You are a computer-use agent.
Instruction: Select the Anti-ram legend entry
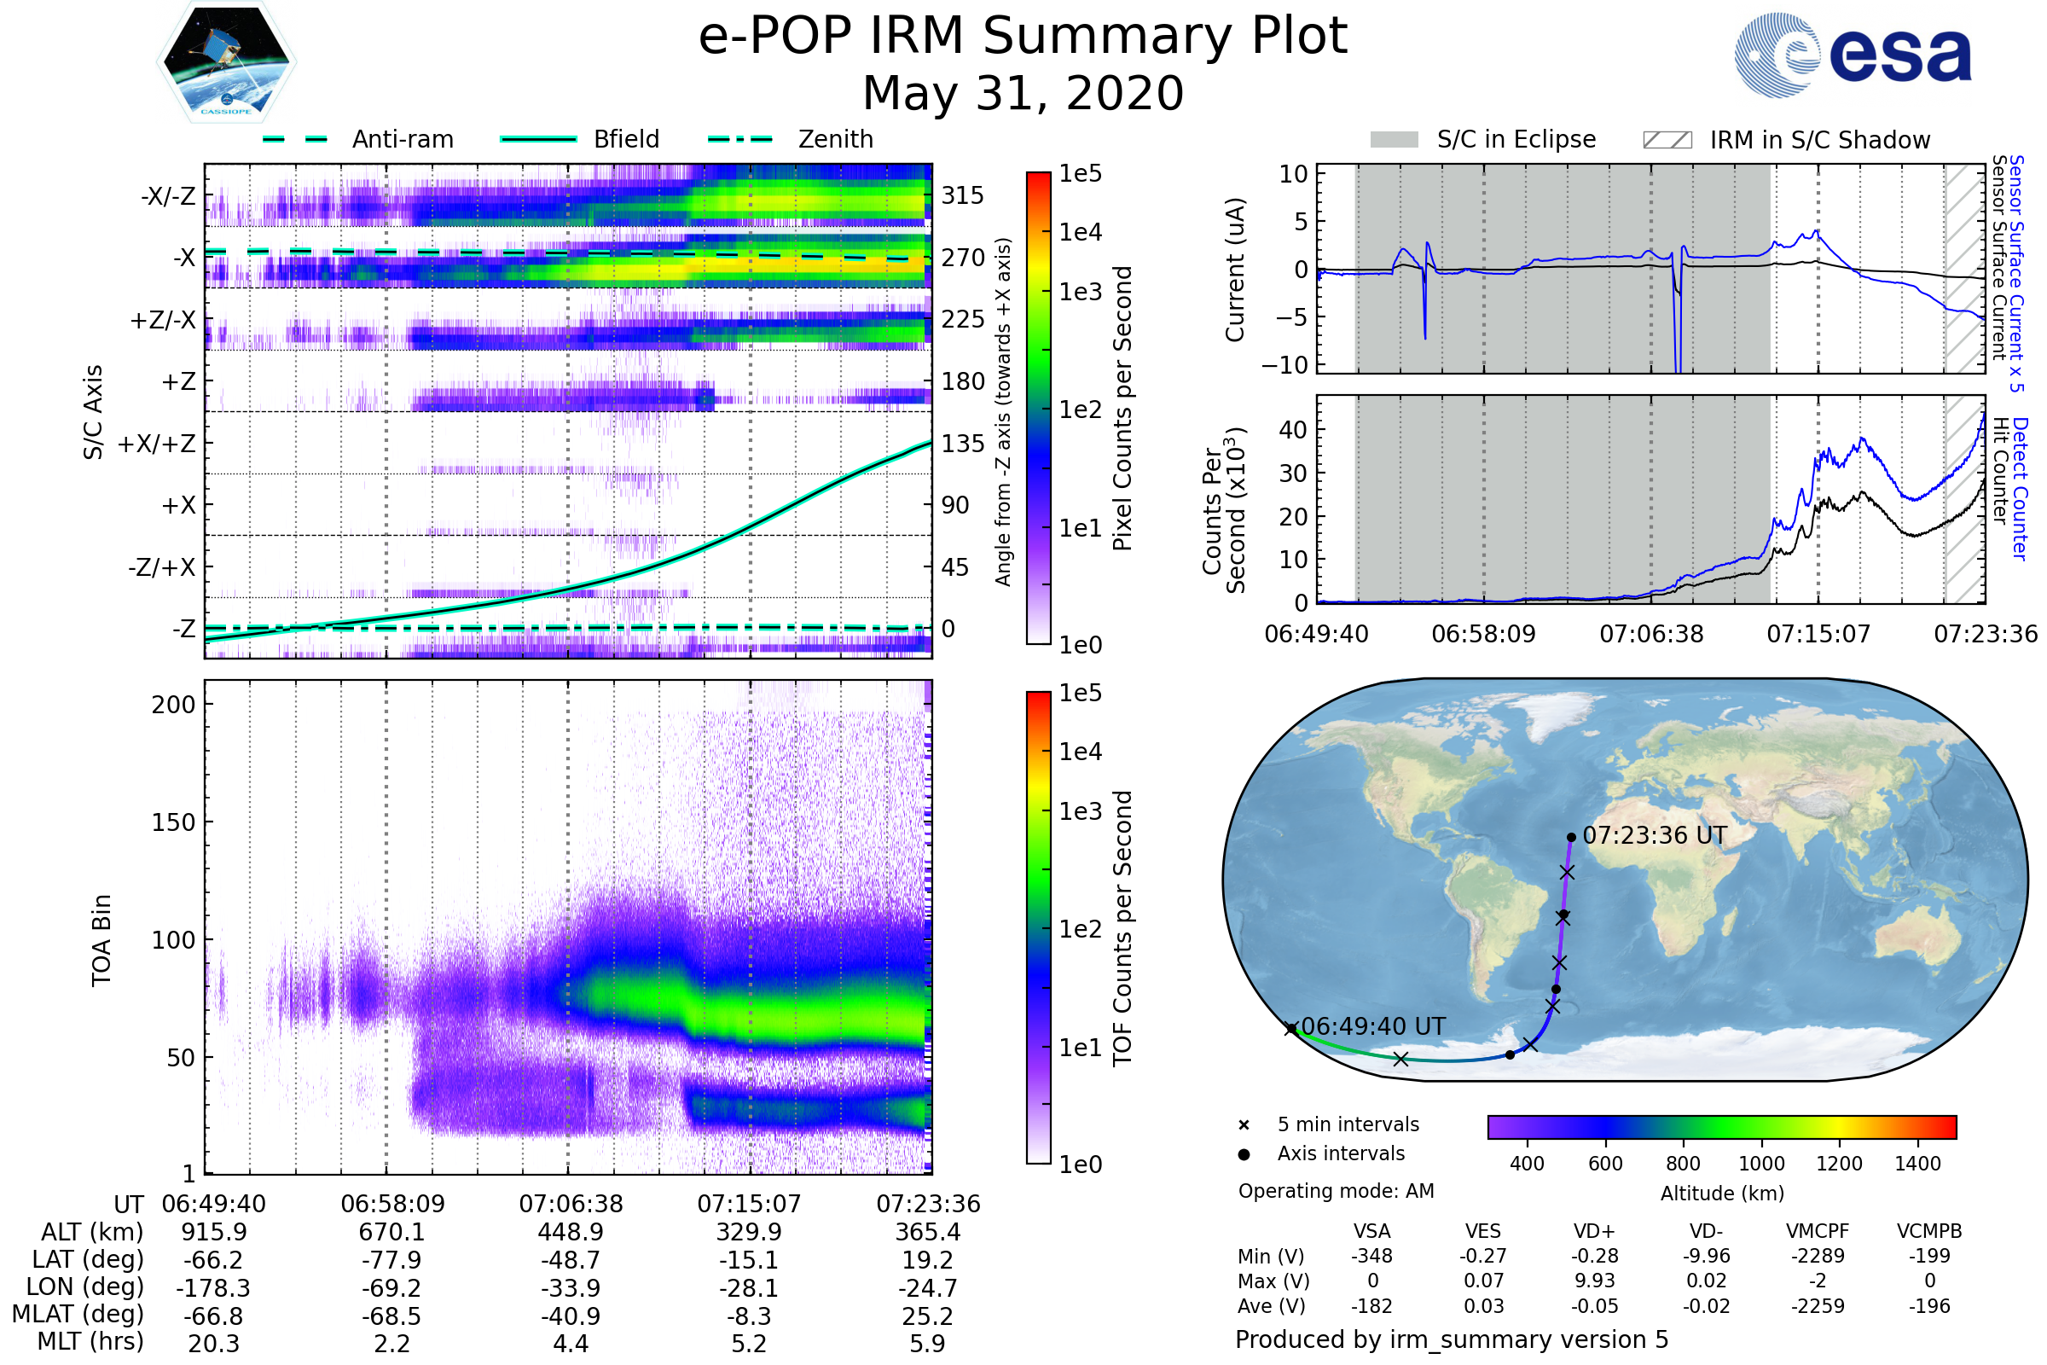click(402, 139)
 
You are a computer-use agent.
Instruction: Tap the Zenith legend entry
click(835, 139)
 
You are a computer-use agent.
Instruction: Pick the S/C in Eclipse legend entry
click(1516, 139)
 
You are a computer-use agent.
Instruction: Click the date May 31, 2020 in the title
click(1023, 93)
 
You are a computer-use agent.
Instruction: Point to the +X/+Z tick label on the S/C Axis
click(157, 444)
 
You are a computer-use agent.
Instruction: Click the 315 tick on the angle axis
click(962, 195)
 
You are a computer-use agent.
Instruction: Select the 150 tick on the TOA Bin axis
click(173, 822)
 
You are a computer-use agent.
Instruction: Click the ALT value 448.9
click(570, 1233)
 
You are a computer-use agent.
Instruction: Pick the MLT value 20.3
click(213, 1343)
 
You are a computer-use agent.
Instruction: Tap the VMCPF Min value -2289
click(1818, 1256)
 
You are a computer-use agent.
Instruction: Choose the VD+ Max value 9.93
click(1594, 1281)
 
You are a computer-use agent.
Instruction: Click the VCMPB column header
click(1929, 1231)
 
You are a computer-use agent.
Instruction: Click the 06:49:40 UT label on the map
click(1372, 1026)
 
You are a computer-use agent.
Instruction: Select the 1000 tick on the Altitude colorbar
click(1761, 1164)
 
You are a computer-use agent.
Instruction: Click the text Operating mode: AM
click(1336, 1191)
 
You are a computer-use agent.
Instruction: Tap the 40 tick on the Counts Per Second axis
click(1292, 430)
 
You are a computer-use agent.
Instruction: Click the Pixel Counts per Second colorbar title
click(1122, 408)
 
